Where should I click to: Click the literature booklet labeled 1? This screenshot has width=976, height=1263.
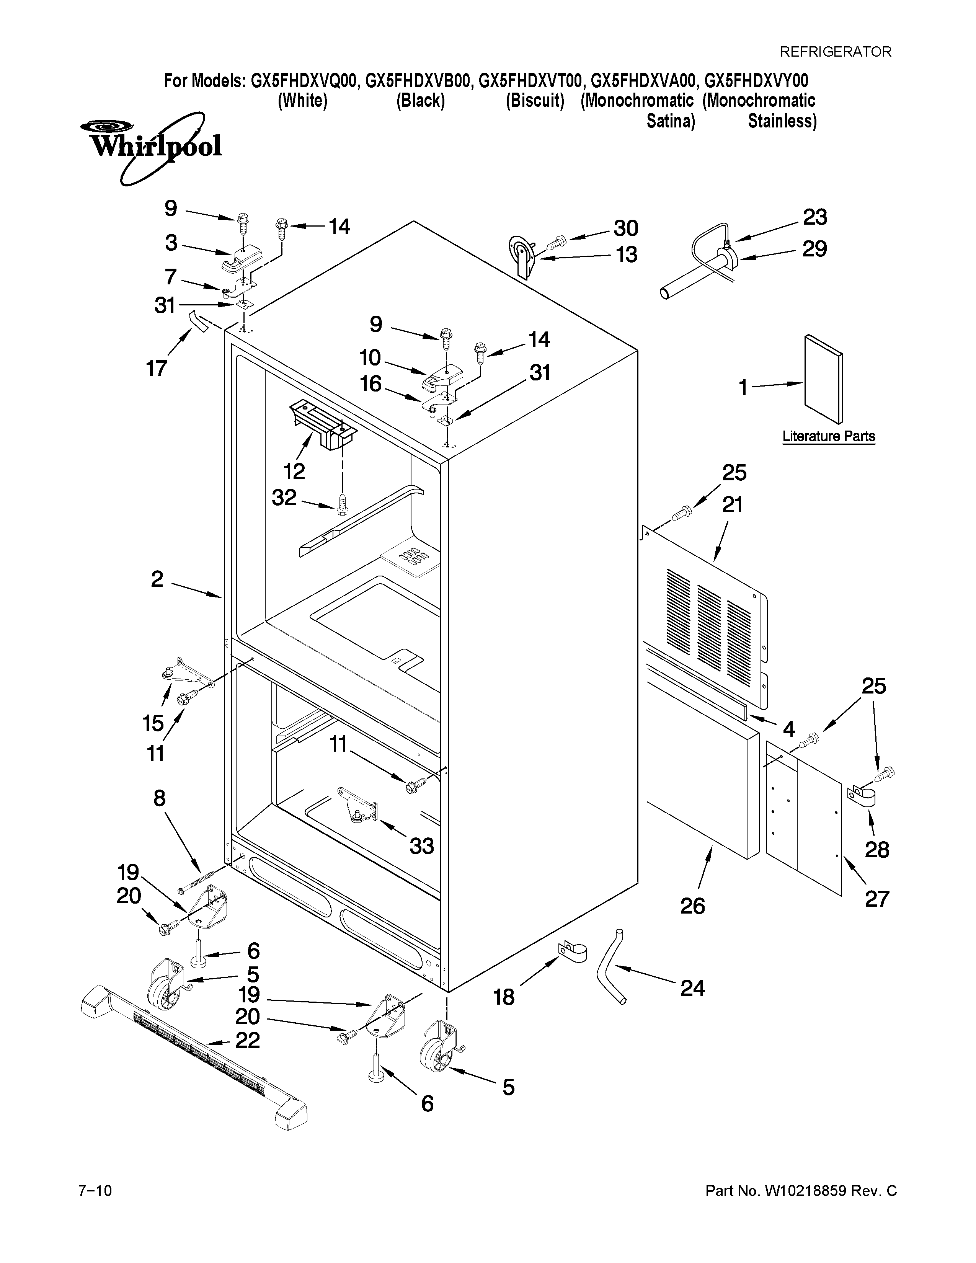(x=823, y=379)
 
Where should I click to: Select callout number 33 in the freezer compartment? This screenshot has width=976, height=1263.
(x=421, y=846)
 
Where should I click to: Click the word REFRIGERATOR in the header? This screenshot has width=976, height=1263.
(x=836, y=52)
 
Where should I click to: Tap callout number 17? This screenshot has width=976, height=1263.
(x=156, y=368)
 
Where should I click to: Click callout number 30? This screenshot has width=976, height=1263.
(x=626, y=228)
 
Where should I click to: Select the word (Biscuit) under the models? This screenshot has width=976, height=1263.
(x=534, y=101)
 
